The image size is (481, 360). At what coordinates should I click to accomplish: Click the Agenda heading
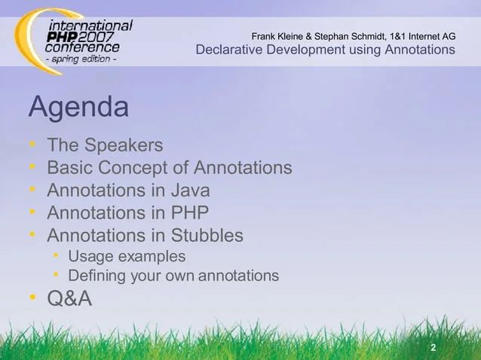tap(78, 108)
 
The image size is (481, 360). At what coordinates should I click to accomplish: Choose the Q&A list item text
tap(69, 299)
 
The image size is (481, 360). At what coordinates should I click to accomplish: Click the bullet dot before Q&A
tap(33, 299)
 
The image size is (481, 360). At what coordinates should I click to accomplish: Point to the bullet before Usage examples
tap(57, 257)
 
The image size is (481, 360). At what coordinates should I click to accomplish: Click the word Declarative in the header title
tap(228, 50)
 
